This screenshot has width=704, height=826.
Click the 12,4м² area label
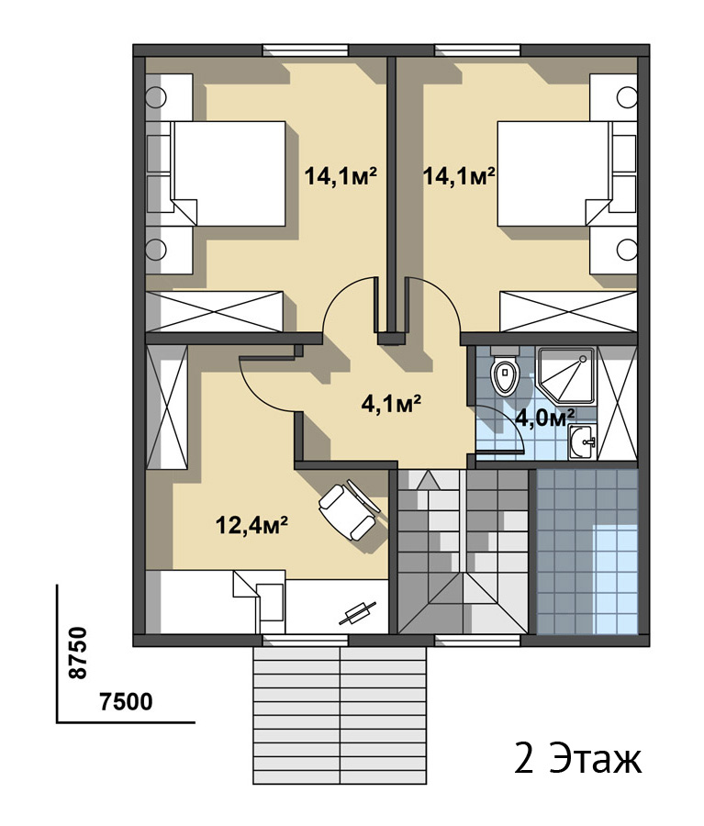(x=251, y=525)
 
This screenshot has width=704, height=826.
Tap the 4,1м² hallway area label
(x=390, y=404)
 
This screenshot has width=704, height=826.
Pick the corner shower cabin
(x=566, y=375)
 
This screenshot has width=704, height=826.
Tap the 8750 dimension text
(x=77, y=653)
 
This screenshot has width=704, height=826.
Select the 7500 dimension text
(x=126, y=701)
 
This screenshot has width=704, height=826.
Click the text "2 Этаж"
(x=578, y=759)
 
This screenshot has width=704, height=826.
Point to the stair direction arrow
(x=428, y=480)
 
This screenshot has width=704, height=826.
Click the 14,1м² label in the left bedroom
(x=341, y=176)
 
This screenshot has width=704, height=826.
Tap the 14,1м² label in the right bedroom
(x=459, y=176)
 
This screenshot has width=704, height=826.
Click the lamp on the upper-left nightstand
(x=156, y=97)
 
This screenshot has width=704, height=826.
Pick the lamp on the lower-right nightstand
(x=627, y=250)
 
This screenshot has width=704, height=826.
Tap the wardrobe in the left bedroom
(x=215, y=311)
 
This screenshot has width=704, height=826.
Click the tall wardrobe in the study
(x=166, y=407)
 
